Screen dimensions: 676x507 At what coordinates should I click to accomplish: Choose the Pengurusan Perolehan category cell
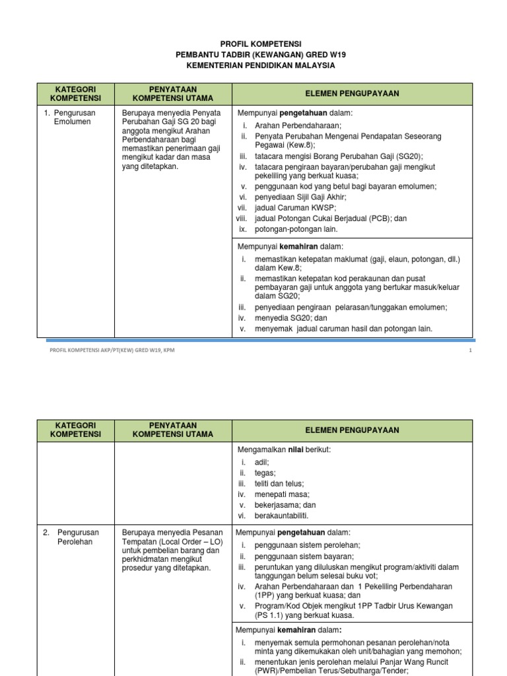pos(75,537)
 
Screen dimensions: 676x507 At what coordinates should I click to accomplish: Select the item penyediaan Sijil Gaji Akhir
pos(300,197)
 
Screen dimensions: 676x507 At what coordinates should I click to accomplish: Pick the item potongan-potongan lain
pos(296,229)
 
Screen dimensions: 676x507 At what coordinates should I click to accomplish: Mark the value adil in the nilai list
pos(262,463)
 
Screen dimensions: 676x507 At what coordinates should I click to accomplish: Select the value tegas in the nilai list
pos(265,473)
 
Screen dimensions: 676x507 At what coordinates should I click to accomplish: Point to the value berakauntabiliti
pos(281,516)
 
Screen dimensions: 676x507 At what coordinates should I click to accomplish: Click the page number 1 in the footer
pos(470,351)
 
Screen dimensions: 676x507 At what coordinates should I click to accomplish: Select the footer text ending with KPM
pos(112,351)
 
